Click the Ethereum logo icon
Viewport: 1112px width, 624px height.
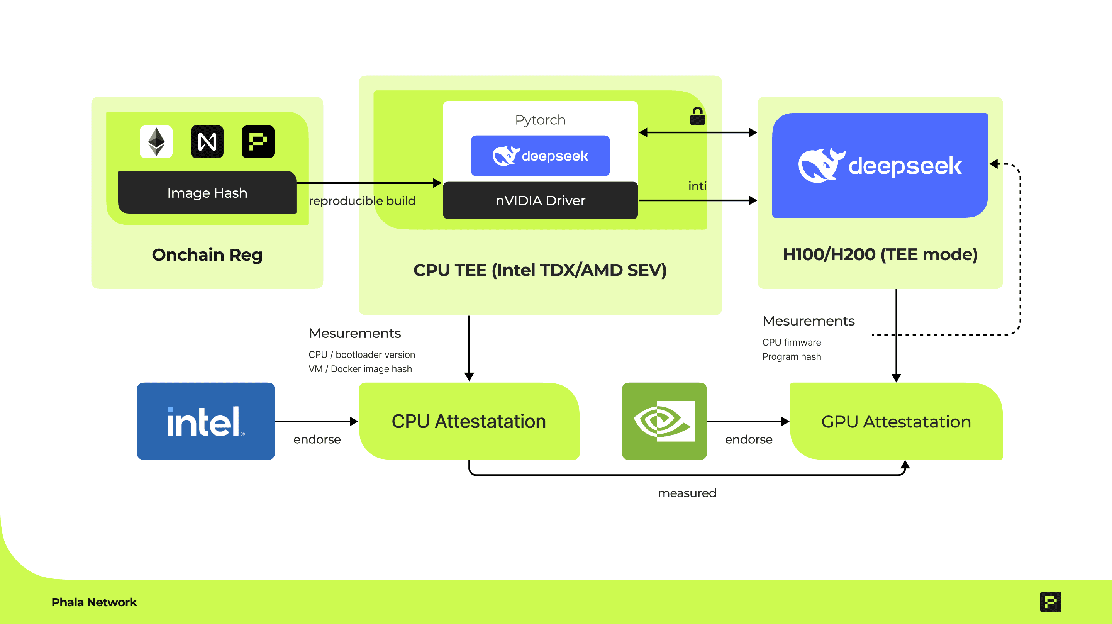coord(156,142)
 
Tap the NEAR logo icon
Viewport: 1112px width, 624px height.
coord(207,142)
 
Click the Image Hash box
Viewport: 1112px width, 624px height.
coord(207,193)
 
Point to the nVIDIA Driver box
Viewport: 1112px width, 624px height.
coord(540,201)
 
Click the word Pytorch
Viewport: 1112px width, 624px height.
coord(540,120)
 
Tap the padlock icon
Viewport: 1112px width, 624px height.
coord(698,116)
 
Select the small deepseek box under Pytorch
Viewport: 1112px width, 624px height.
coord(540,156)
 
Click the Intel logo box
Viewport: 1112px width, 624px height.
coord(206,421)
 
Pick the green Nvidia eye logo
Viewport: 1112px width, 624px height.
coord(664,421)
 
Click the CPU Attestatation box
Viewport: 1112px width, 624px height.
coord(469,421)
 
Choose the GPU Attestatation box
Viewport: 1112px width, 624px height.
coord(896,421)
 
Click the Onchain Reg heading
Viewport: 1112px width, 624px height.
coord(207,255)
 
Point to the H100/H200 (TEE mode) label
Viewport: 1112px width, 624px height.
coord(880,254)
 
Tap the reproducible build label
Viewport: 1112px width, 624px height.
coord(362,201)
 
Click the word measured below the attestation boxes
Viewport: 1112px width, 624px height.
coord(687,493)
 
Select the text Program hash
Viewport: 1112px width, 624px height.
coord(791,357)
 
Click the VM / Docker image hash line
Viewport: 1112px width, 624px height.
coord(360,369)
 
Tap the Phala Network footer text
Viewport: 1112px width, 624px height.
coord(94,602)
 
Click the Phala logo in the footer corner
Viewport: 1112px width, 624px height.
coord(1050,602)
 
